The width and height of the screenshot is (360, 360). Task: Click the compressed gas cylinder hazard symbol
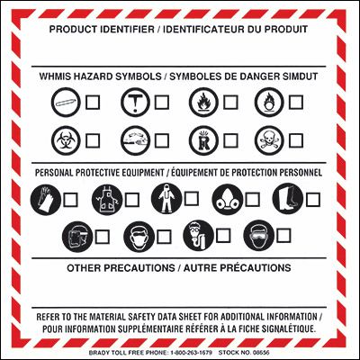[x=66, y=103]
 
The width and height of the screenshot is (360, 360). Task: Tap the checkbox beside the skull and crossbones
[x=296, y=140]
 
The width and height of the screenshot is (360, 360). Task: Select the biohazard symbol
[x=66, y=140]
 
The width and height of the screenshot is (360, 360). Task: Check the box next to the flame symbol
[x=230, y=103]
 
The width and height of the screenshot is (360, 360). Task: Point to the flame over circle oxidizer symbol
[x=269, y=103]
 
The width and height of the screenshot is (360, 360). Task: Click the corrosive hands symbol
[x=136, y=140]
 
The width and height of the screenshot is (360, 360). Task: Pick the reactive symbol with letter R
[x=204, y=140]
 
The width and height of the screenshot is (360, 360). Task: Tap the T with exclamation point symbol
[x=136, y=103]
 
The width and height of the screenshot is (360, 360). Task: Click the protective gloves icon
[x=46, y=200]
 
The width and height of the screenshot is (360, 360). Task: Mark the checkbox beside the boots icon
[x=313, y=200]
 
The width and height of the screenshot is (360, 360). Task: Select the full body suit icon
[x=166, y=199]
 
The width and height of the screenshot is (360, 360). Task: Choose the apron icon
[x=107, y=200]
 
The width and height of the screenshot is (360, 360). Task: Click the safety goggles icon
[x=258, y=236]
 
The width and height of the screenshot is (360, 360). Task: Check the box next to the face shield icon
[x=103, y=237]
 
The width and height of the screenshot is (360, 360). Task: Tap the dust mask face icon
[x=139, y=237]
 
